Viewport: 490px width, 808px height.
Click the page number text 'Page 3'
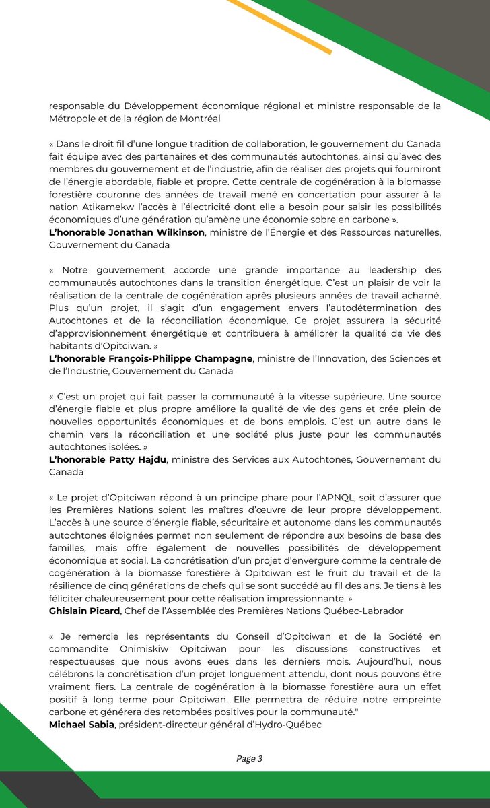coord(249,758)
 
